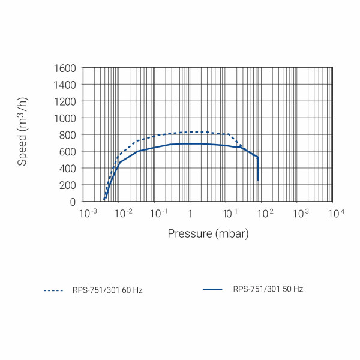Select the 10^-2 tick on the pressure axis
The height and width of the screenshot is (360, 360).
122,213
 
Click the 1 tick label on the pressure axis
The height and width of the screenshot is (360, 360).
190,214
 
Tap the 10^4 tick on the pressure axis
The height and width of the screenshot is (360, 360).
335,213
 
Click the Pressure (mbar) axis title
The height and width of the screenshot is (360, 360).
208,233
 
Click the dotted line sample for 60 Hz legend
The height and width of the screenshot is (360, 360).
53,290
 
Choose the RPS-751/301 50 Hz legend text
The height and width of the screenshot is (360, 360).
268,289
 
